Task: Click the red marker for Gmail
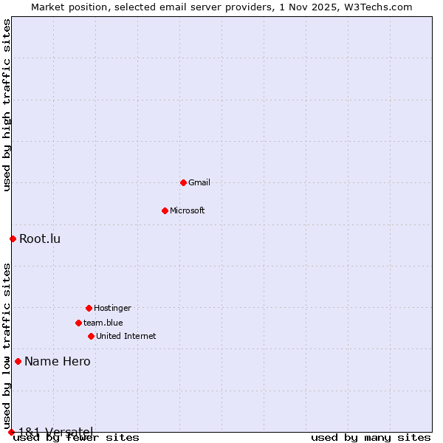click(183, 182)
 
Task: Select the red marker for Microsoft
click(165, 210)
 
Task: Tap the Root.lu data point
click(13, 238)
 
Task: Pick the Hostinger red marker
click(89, 308)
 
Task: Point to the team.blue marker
click(78, 323)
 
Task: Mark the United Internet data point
click(91, 336)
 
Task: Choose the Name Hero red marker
click(18, 361)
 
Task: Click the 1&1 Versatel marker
click(11, 432)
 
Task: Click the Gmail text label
click(199, 182)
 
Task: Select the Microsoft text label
click(188, 210)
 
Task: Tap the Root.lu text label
click(40, 238)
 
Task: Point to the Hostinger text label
click(112, 308)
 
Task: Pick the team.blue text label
click(103, 323)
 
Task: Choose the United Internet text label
click(126, 336)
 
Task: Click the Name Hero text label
click(58, 361)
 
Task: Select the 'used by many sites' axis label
click(371, 437)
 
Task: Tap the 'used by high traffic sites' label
click(7, 105)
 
